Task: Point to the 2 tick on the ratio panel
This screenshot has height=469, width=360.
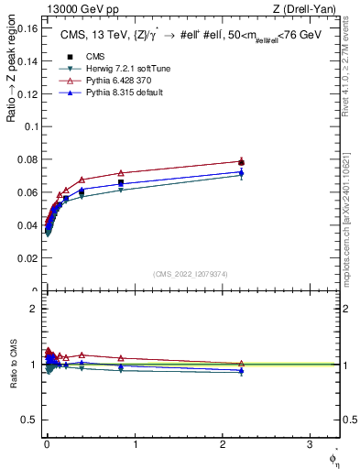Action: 34,308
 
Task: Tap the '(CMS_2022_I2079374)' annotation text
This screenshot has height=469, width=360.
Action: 190,273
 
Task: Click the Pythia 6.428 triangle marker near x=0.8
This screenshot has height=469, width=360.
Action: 121,173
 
